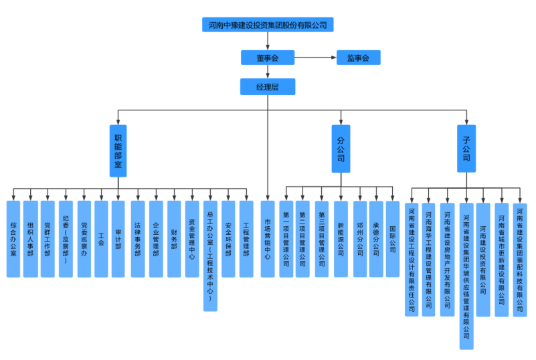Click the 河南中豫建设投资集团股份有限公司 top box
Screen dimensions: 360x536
tap(268, 25)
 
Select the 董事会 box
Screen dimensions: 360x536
tap(268, 58)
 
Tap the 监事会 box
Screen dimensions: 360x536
tap(358, 58)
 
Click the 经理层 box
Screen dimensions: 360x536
tap(268, 87)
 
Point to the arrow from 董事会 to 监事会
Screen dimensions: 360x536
tap(315, 58)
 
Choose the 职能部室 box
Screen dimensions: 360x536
tap(118, 151)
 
